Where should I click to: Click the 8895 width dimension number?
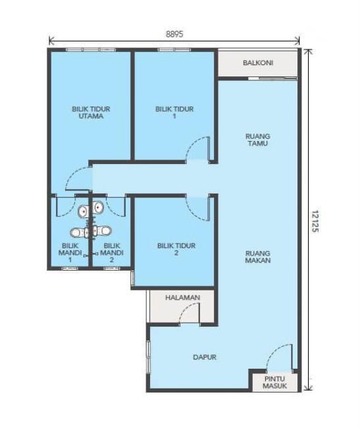[174, 34]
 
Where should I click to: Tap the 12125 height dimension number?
[315, 221]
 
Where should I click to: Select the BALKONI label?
[258, 63]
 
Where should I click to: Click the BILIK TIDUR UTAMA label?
[91, 113]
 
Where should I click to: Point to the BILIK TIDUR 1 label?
[174, 113]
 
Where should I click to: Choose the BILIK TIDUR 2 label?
[176, 249]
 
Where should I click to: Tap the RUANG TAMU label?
[258, 140]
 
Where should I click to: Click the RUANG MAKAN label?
[258, 257]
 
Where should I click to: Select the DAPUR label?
[205, 357]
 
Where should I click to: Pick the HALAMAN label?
[183, 298]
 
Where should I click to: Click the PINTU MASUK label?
[274, 383]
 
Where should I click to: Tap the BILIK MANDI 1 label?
[70, 253]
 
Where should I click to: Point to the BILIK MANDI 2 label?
[111, 253]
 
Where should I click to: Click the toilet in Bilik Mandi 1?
[79, 232]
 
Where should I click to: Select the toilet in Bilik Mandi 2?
[102, 232]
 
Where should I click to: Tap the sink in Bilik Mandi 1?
[83, 211]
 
